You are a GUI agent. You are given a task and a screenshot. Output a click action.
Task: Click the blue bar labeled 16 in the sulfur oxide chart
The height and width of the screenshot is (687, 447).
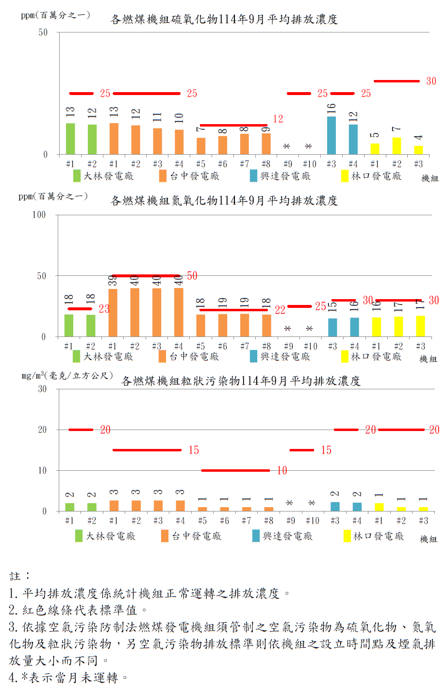click(331, 135)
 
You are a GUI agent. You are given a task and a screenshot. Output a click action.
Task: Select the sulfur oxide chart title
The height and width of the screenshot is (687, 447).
click(224, 19)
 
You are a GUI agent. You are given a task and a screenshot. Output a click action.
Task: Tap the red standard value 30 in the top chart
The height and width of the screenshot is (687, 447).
click(431, 81)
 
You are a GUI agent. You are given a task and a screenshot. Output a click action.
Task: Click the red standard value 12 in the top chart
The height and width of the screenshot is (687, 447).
click(278, 119)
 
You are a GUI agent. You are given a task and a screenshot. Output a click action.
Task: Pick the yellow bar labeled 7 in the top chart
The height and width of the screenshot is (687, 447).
click(397, 145)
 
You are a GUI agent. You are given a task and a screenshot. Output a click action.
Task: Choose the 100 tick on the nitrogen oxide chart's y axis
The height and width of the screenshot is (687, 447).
click(39, 215)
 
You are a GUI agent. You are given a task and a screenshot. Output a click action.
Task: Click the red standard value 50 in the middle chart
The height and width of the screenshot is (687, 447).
click(192, 276)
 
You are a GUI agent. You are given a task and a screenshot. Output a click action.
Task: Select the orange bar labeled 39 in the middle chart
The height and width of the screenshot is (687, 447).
click(113, 313)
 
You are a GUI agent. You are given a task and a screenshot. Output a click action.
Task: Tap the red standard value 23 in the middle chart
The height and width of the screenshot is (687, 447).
click(104, 309)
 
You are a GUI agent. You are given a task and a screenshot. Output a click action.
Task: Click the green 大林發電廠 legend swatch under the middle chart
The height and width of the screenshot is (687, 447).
click(77, 356)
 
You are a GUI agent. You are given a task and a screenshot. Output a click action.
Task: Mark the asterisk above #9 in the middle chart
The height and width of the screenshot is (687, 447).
click(288, 329)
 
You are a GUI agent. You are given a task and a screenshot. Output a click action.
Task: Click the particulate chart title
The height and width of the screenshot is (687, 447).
click(241, 381)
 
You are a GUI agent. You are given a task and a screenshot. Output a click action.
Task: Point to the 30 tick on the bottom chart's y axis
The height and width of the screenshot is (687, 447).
click(42, 389)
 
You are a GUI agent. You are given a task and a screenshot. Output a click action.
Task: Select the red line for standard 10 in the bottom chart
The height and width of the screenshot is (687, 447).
click(235, 470)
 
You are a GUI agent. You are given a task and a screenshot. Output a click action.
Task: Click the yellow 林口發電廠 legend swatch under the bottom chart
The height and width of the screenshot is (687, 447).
click(347, 536)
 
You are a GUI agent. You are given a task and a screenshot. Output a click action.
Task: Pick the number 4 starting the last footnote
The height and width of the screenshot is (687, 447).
click(13, 677)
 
